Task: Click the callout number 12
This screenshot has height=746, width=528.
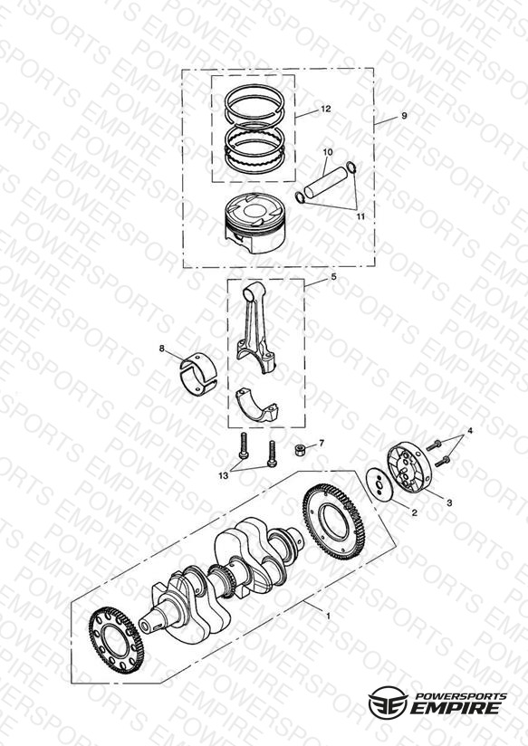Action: point(326,109)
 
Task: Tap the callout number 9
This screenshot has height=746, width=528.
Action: point(404,116)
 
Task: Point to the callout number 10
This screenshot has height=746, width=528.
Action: point(328,152)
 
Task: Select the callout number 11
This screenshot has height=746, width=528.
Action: point(360,216)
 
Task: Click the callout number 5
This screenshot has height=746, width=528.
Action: point(334,276)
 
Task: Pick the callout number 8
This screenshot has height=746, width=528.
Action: point(162,349)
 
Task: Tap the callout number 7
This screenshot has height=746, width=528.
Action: point(322,443)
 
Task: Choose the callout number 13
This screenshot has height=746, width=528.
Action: point(224,475)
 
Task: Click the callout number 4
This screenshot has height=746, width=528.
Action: point(470,431)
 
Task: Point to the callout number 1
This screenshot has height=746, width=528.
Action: point(328,616)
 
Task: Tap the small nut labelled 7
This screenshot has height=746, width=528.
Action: point(300,449)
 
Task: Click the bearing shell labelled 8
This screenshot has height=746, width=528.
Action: point(198,374)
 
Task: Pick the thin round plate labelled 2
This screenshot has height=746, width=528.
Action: point(379,484)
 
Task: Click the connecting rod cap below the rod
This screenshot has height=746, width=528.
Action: point(257,406)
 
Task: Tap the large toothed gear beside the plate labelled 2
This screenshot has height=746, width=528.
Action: point(334,521)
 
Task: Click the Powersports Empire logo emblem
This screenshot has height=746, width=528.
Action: point(388,703)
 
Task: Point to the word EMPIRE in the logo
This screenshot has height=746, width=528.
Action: point(456,708)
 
